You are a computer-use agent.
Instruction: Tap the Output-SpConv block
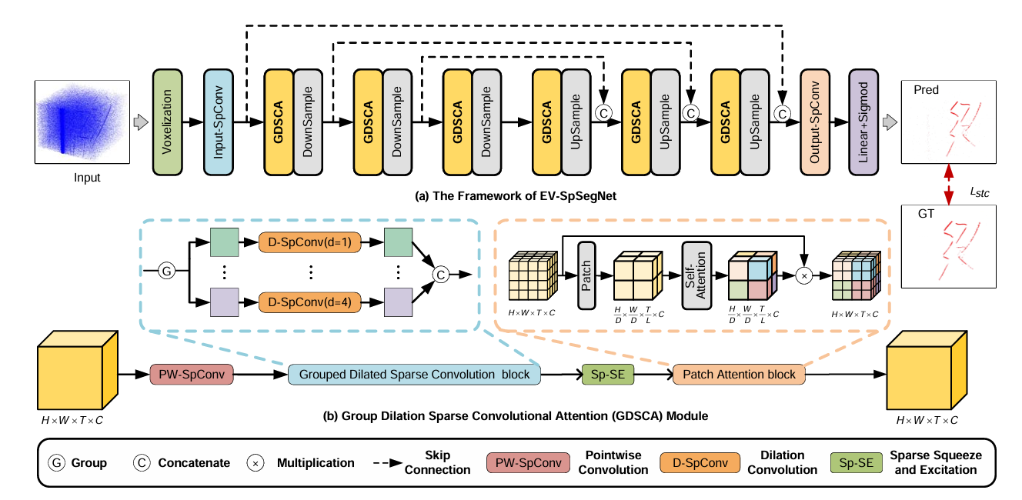pyautogui.click(x=815, y=122)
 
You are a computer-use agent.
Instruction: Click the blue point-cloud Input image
pyautogui.click(x=79, y=121)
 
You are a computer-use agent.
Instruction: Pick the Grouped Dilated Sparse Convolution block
pyautogui.click(x=414, y=374)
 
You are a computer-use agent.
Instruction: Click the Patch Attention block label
pyautogui.click(x=739, y=375)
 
